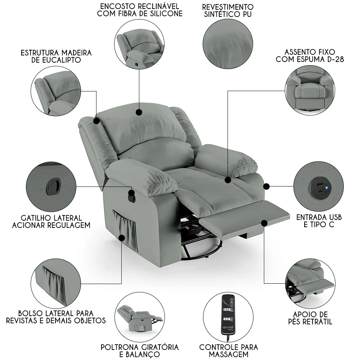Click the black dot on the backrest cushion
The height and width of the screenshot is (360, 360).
139,113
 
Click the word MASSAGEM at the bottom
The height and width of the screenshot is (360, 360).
229,355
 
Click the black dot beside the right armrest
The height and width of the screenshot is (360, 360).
266,186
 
